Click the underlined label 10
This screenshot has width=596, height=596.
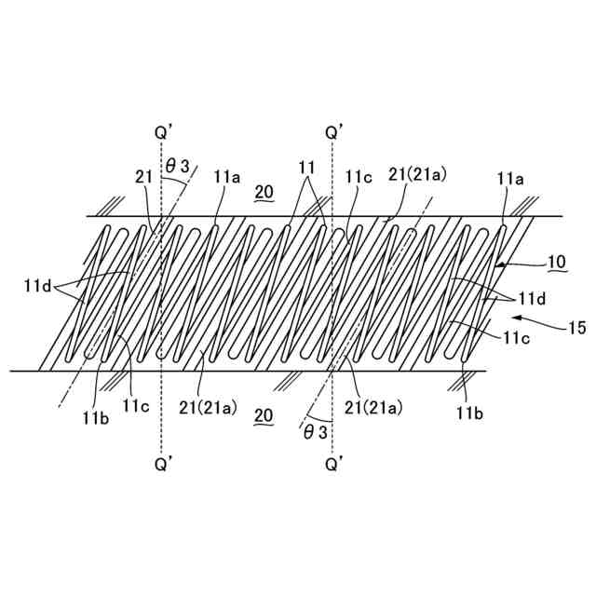point(556,263)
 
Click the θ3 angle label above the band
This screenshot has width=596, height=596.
point(177,167)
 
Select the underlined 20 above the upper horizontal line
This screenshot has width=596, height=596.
point(264,193)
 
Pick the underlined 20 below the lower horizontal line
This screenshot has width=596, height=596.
point(264,417)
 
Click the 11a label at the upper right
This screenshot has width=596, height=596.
point(510,177)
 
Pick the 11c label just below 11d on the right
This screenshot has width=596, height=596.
point(517,341)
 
